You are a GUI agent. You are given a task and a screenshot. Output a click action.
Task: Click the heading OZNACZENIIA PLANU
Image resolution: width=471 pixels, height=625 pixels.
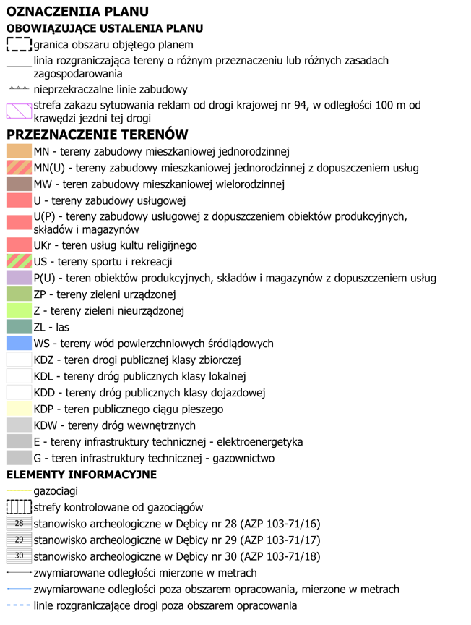point(77,11)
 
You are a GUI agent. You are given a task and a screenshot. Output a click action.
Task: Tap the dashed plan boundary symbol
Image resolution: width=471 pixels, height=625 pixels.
point(19,45)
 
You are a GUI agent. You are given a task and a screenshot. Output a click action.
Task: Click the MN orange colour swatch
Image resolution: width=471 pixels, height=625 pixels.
point(19,152)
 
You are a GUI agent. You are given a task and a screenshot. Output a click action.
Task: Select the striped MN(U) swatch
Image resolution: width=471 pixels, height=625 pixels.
point(19,168)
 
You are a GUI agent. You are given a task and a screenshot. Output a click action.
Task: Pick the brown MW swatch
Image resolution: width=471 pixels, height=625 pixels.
point(19,184)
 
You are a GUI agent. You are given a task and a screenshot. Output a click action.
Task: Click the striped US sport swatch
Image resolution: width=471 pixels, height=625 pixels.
point(19,262)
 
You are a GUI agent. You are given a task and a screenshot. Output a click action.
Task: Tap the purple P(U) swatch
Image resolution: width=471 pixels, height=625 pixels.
point(19,279)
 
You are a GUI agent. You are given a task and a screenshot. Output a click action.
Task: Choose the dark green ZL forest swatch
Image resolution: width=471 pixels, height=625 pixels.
point(19,327)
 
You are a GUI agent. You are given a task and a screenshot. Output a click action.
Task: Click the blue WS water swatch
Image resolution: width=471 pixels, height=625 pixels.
point(19,344)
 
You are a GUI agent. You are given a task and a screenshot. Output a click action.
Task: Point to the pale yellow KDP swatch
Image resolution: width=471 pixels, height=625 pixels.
point(19,409)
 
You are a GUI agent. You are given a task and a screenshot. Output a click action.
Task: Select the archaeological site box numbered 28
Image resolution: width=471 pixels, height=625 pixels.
point(19,524)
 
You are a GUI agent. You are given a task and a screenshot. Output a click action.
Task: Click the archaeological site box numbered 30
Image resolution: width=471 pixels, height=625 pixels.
point(19,556)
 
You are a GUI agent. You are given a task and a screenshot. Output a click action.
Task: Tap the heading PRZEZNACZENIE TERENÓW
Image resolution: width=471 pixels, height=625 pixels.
point(97,135)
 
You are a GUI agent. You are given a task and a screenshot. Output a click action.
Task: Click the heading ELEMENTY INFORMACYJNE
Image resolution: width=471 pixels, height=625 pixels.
point(81,475)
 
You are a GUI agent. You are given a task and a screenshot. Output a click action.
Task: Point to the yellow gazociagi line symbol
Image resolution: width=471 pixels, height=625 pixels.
point(19,491)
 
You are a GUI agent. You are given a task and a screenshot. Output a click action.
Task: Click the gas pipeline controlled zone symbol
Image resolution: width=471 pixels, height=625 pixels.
point(19,507)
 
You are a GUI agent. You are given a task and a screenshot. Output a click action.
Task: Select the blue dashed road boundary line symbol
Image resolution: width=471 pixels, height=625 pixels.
point(19,605)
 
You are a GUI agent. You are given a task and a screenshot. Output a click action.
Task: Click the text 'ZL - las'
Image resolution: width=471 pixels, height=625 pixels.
point(51,327)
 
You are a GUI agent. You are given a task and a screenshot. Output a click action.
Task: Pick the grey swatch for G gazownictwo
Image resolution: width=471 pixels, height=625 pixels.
point(19,458)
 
